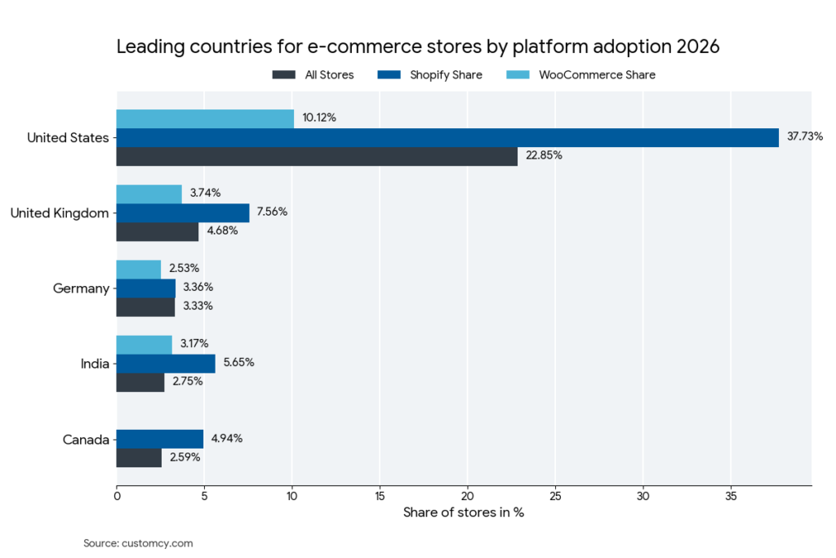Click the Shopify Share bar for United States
tap(447, 137)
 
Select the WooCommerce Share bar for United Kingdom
tap(149, 194)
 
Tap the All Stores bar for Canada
tap(139, 458)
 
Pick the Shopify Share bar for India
tap(166, 363)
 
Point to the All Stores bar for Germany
tap(145, 306)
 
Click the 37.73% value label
tap(805, 136)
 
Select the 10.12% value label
tap(319, 118)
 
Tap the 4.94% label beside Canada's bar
tap(227, 439)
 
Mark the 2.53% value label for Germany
tap(184, 269)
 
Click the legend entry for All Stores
tap(313, 75)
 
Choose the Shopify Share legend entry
tap(429, 75)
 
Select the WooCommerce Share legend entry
tap(585, 75)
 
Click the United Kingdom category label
tap(60, 213)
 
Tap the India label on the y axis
tap(95, 364)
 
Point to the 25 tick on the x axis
tap(555, 496)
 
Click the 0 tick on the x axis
tap(117, 496)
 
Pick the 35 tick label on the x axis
tap(731, 496)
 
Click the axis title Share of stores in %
tap(464, 513)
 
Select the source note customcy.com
tap(138, 542)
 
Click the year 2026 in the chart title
tap(698, 47)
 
